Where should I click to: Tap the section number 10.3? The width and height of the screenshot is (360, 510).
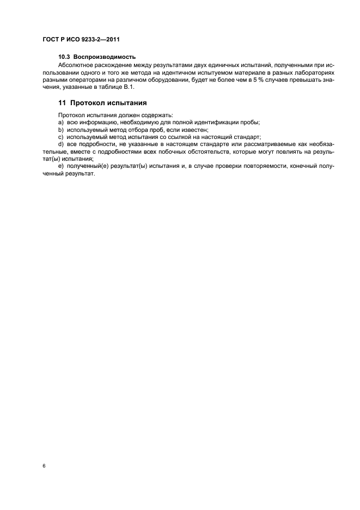pos(64,57)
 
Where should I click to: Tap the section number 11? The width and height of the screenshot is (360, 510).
pos(62,102)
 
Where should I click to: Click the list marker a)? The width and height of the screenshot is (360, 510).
pos(60,122)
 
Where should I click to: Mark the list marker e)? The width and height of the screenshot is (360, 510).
pos(60,165)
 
